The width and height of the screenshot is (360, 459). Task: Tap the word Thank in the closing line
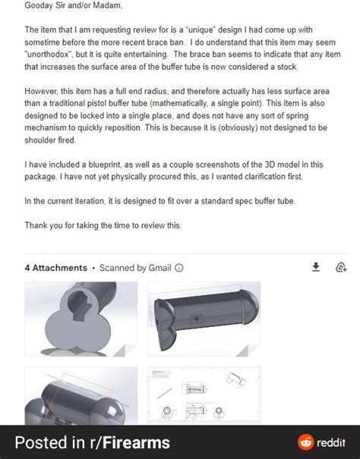pyautogui.click(x=38, y=226)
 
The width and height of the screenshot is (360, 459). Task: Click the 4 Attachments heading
pyautogui.click(x=55, y=268)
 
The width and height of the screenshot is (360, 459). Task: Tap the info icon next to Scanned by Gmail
pyautogui.click(x=179, y=268)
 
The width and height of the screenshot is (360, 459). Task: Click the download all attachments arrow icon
pyautogui.click(x=317, y=267)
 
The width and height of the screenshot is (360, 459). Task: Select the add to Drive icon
pyautogui.click(x=342, y=267)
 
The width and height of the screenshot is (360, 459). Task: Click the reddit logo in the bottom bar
pyautogui.click(x=305, y=442)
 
